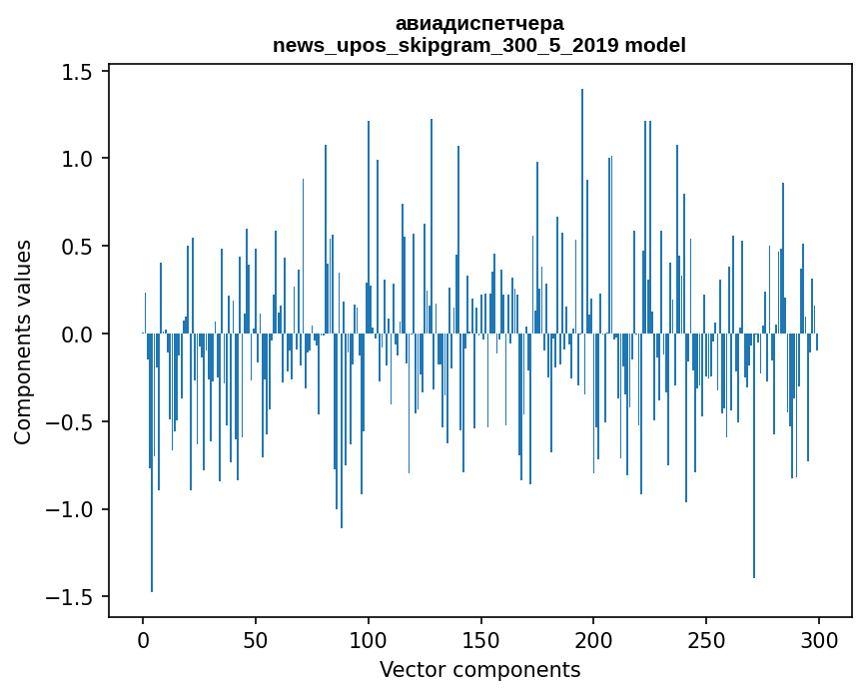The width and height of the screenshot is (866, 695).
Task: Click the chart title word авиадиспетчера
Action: [x=479, y=23]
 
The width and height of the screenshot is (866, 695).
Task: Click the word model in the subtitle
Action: [x=655, y=45]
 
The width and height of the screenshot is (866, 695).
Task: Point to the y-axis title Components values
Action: [x=23, y=342]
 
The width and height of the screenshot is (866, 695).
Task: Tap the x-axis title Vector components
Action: [x=479, y=669]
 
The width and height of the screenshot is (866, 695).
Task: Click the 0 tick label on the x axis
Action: [x=143, y=639]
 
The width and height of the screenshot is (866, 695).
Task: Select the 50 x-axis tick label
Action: [x=256, y=639]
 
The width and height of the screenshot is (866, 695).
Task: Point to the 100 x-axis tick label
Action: [x=369, y=639]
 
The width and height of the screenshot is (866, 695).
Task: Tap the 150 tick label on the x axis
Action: [x=481, y=639]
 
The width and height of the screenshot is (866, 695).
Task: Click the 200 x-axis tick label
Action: [x=594, y=639]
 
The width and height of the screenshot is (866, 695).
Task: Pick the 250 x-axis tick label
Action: [x=707, y=639]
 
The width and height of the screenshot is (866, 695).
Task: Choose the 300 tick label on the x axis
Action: [x=819, y=639]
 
